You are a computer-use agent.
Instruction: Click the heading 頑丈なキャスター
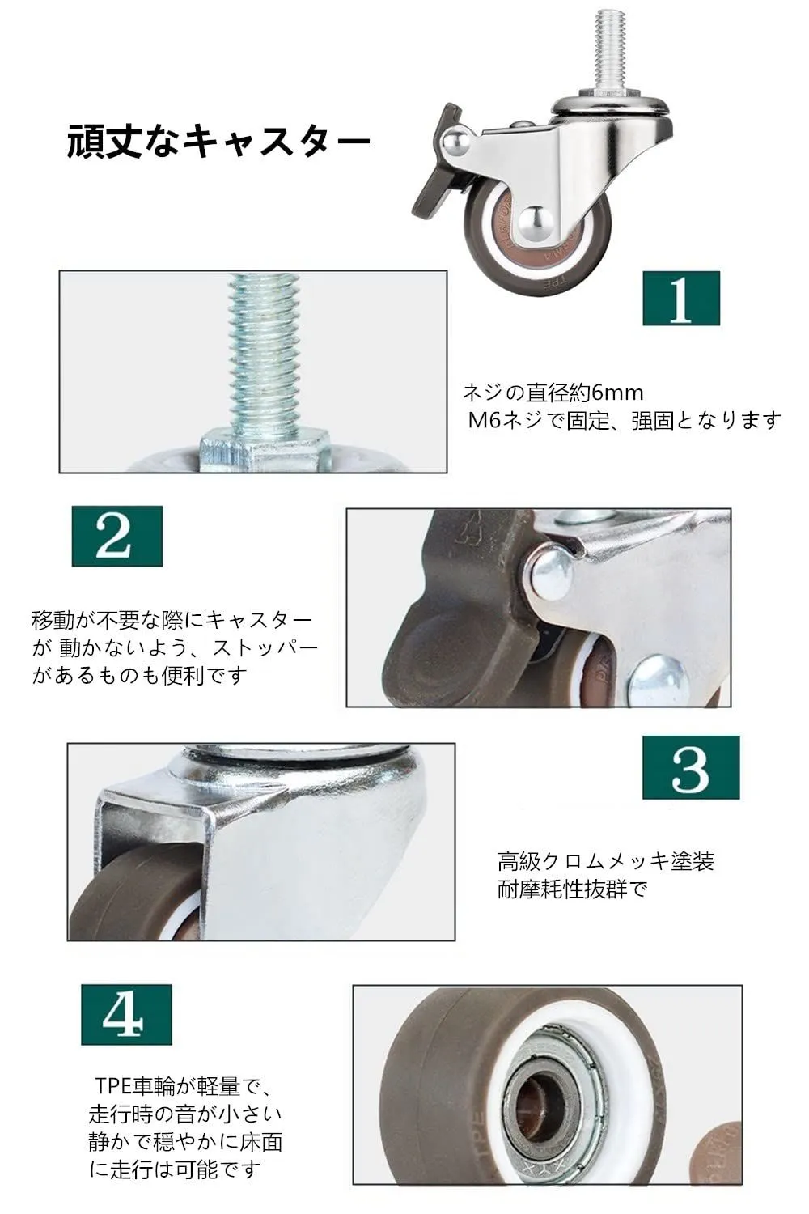pyautogui.click(x=218, y=142)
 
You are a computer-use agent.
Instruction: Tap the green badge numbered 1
pyautogui.click(x=681, y=298)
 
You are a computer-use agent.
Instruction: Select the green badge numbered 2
pyautogui.click(x=117, y=536)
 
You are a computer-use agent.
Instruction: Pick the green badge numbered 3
pyautogui.click(x=691, y=767)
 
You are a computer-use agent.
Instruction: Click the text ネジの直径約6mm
pyautogui.click(x=553, y=393)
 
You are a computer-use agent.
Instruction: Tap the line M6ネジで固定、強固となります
pyautogui.click(x=625, y=421)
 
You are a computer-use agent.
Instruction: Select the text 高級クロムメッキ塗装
pyautogui.click(x=606, y=861)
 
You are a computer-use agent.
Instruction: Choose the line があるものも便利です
pyautogui.click(x=140, y=675)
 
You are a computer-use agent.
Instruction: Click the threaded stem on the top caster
pyautogui.click(x=611, y=54)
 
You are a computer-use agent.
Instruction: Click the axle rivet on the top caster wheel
pyautogui.click(x=535, y=223)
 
